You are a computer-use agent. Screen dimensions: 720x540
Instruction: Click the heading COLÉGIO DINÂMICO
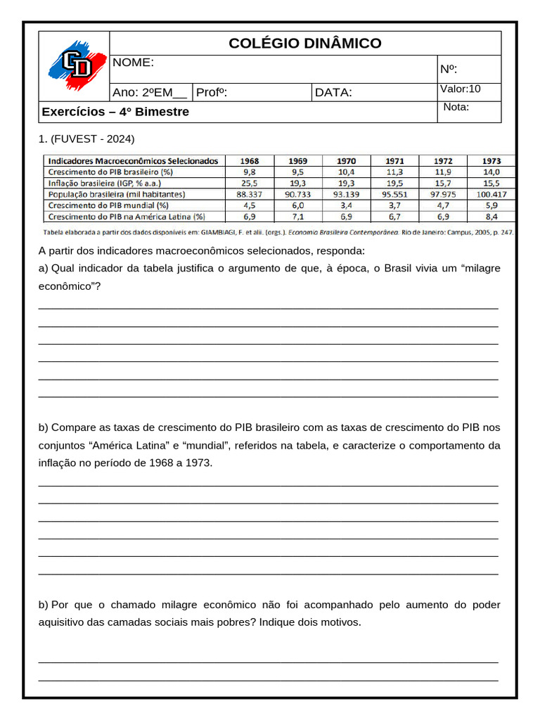click(305, 44)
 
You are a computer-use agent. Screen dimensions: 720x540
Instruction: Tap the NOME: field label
click(133, 63)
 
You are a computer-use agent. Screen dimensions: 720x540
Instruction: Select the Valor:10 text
click(461, 89)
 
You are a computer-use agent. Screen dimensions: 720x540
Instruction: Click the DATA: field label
click(333, 93)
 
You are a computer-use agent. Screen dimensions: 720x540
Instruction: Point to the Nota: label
click(456, 107)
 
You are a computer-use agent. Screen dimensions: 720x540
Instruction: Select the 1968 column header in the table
click(250, 161)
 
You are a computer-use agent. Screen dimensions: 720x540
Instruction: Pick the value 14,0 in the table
click(491, 172)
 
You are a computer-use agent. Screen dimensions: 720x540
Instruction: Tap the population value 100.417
click(491, 194)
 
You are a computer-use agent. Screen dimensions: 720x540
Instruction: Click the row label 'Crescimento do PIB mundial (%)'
click(108, 205)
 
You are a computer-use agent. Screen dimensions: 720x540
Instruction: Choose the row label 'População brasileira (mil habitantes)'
click(116, 194)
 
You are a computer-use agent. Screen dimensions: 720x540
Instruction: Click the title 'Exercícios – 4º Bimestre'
click(115, 112)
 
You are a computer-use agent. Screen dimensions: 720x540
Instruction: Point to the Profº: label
click(212, 93)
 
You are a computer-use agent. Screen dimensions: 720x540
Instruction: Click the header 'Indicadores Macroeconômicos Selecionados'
click(133, 161)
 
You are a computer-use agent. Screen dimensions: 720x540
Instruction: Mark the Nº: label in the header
click(449, 69)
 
